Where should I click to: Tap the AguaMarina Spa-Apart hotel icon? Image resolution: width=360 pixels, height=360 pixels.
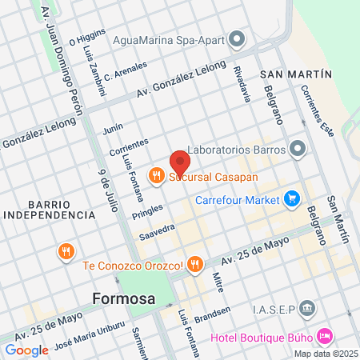pos(236,38)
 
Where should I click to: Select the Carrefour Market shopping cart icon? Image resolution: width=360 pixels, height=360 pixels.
pos(292,198)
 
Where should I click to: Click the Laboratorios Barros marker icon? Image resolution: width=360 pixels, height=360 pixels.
pos(298,148)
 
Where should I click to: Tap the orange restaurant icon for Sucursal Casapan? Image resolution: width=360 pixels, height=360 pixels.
pos(156,174)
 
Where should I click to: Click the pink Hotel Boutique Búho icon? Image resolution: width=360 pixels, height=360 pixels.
pos(324,334)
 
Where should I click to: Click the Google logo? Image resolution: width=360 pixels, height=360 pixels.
pos(26,350)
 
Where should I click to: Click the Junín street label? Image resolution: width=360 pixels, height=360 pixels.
pos(113,126)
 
